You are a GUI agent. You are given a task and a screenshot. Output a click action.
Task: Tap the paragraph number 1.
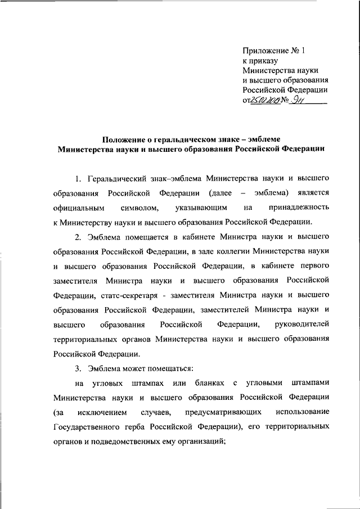[x=78, y=179]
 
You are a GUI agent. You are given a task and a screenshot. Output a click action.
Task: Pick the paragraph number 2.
[x=78, y=236]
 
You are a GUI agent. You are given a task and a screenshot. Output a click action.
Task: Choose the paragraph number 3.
[x=78, y=369]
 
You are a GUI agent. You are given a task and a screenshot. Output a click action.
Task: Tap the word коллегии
[x=233, y=251]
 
